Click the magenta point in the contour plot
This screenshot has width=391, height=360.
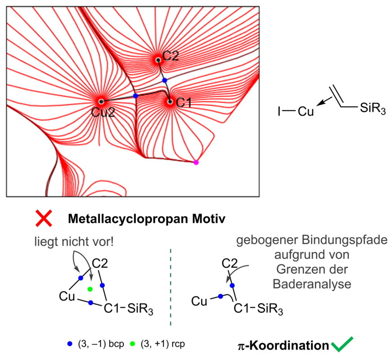(x=196, y=162)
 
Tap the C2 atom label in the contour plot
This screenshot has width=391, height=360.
(x=171, y=56)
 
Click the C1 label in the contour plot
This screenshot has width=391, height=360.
(x=184, y=103)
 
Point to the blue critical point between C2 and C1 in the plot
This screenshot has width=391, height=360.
(x=165, y=80)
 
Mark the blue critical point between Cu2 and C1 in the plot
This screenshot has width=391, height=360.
(x=135, y=96)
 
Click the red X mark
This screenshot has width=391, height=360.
(x=44, y=219)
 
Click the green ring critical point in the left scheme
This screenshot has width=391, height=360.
(x=90, y=289)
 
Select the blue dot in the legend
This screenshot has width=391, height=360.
(x=69, y=344)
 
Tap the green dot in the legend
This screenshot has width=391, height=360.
(x=132, y=344)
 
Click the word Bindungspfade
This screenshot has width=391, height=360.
(x=346, y=239)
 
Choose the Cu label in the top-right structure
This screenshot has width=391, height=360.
(x=306, y=111)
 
